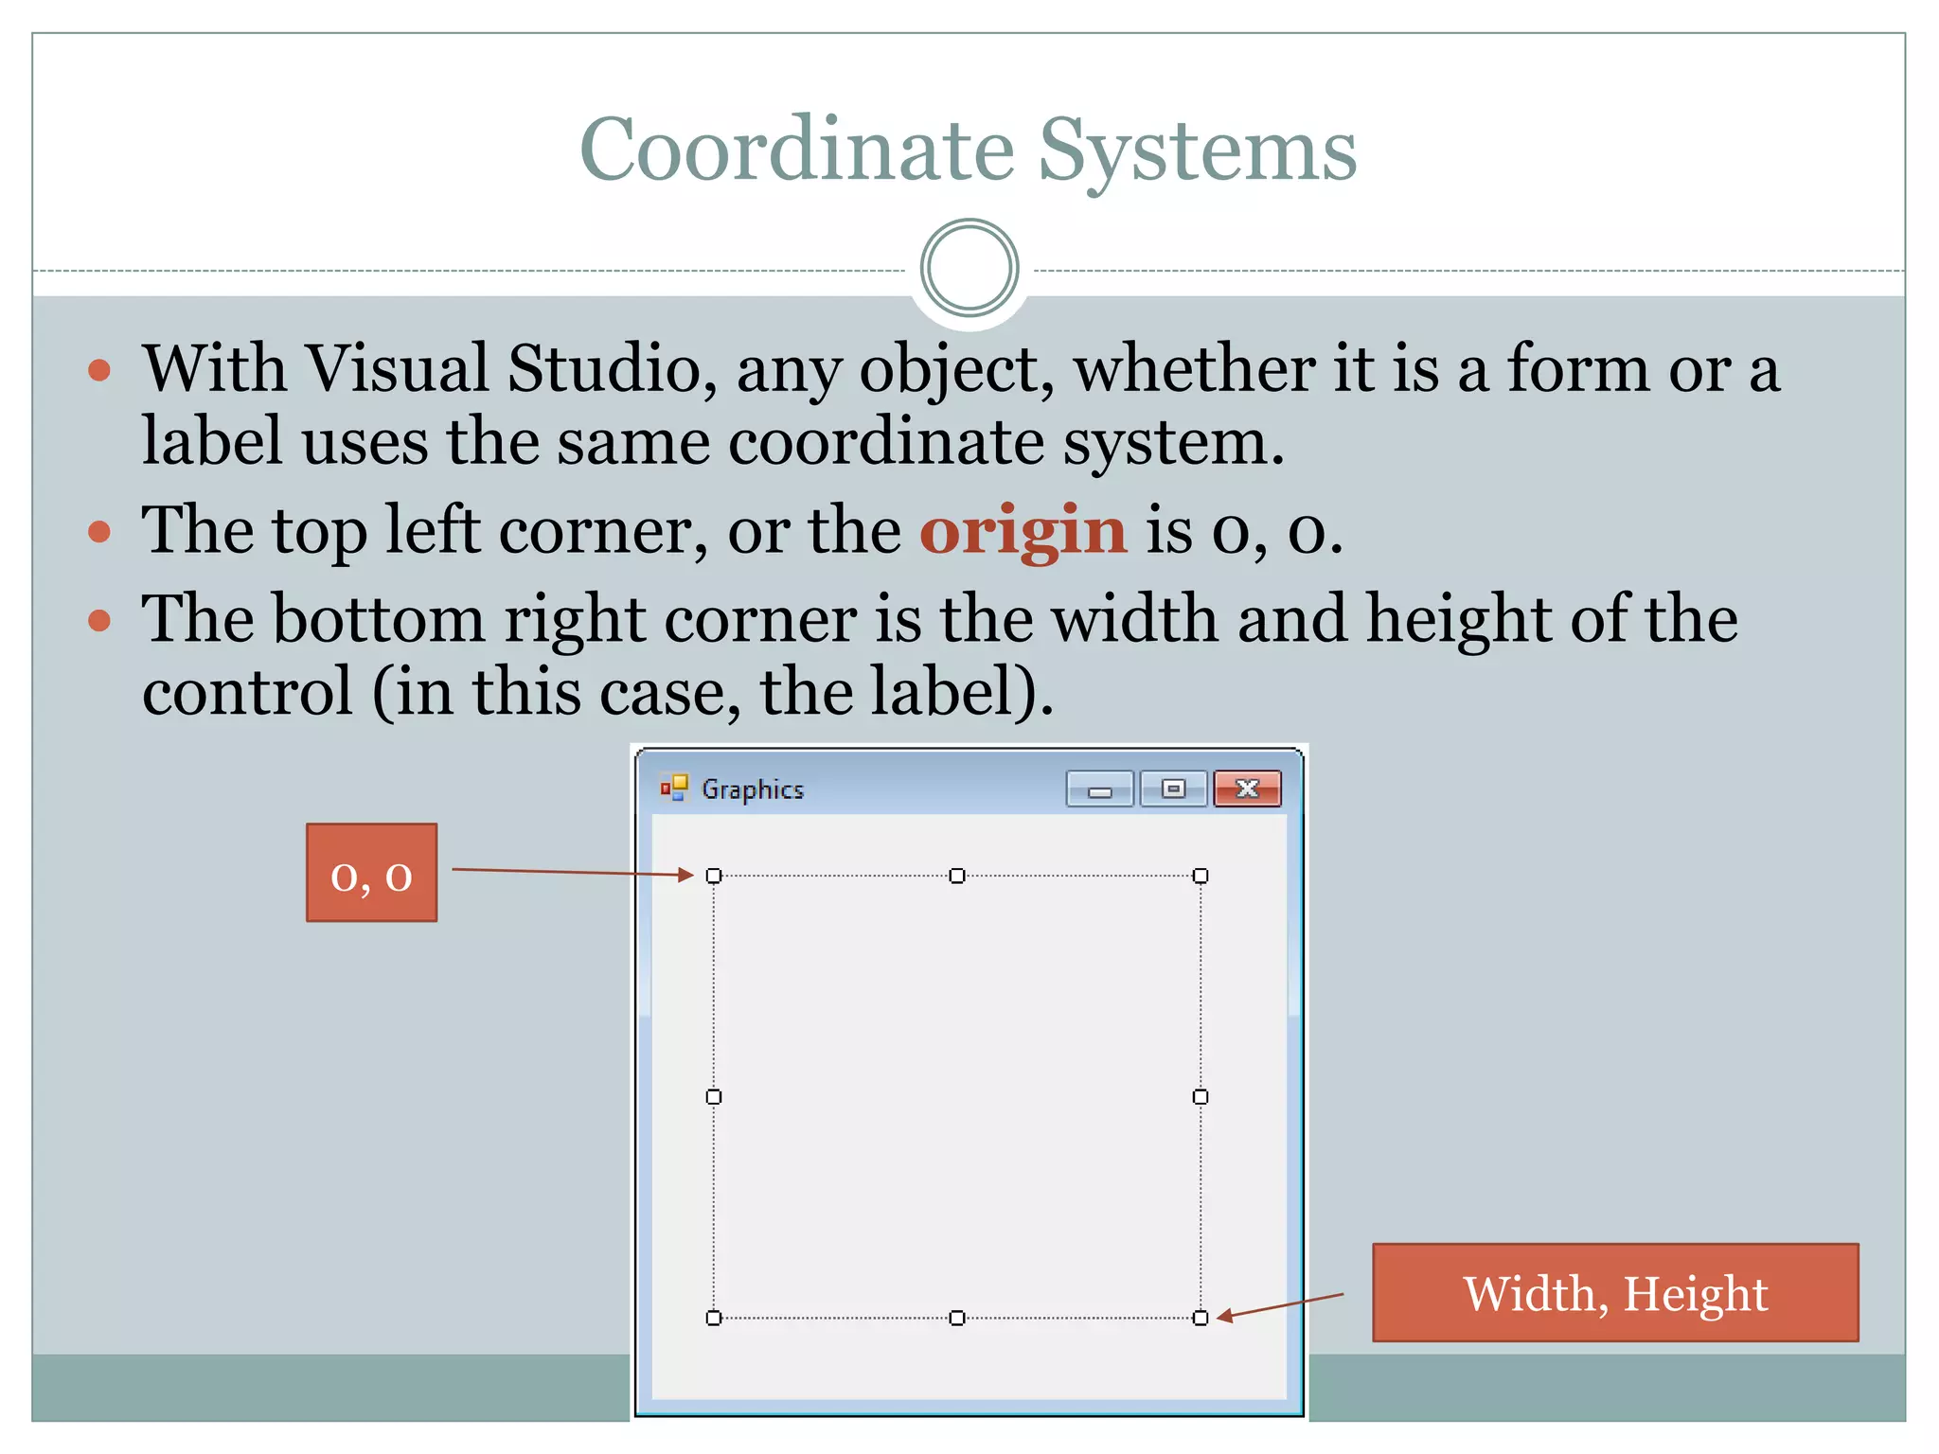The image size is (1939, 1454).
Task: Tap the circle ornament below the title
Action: click(x=969, y=268)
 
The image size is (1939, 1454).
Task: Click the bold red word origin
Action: click(x=1023, y=530)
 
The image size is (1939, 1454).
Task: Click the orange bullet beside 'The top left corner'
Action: click(x=99, y=531)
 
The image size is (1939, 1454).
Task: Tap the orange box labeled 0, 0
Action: click(x=371, y=872)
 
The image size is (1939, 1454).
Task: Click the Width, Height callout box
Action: click(x=1615, y=1292)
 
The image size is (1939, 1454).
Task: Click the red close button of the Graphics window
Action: click(x=1247, y=789)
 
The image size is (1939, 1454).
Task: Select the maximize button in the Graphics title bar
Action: click(x=1173, y=789)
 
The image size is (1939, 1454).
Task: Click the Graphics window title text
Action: click(x=752, y=789)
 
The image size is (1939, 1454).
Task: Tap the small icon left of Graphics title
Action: click(x=674, y=788)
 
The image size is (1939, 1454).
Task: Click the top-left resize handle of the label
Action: click(x=714, y=876)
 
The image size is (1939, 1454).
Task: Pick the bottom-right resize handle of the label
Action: click(x=1201, y=1318)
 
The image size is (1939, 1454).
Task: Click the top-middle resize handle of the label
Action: click(x=957, y=876)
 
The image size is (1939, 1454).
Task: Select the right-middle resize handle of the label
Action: click(x=1201, y=1096)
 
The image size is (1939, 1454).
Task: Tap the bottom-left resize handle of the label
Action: click(x=714, y=1318)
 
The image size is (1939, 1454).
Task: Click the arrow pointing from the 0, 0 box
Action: click(x=572, y=872)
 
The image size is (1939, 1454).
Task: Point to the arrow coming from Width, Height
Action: click(x=1279, y=1305)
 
